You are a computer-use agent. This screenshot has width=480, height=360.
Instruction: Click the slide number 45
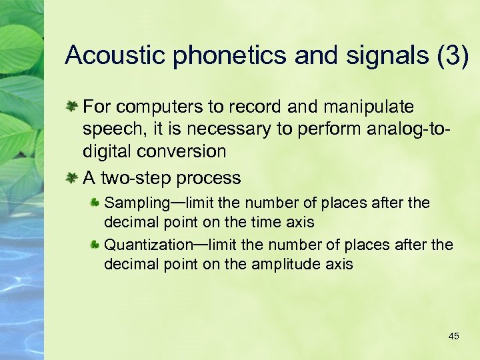(x=454, y=336)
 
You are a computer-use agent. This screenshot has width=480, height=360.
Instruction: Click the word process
(x=208, y=178)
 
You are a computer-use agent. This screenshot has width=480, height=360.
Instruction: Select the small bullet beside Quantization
(x=95, y=245)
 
